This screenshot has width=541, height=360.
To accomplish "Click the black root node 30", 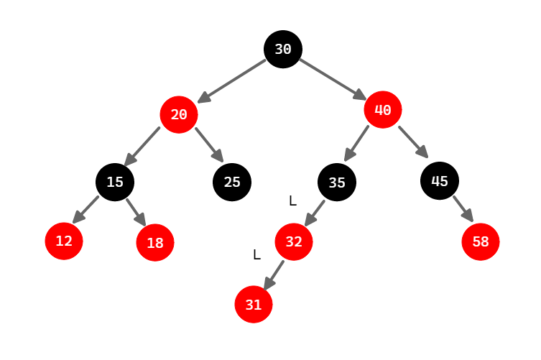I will click(x=283, y=49).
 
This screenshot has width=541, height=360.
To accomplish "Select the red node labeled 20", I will click(x=179, y=114).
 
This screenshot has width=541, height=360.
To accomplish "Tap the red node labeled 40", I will click(x=382, y=110).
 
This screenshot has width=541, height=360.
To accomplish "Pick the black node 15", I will click(x=115, y=182).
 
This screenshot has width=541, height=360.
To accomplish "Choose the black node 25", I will click(x=231, y=182).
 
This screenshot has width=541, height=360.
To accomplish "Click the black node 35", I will click(x=337, y=183).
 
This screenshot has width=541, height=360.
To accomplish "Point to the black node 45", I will click(x=440, y=180).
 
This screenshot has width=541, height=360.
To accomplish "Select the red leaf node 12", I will click(x=64, y=241).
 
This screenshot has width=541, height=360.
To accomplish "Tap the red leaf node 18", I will click(x=155, y=242).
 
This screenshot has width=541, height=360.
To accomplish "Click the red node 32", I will click(x=294, y=241).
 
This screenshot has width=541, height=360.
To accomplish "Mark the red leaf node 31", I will click(x=254, y=304).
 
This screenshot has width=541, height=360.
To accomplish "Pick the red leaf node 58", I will click(x=481, y=241).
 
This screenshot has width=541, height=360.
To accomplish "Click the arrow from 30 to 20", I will click(x=232, y=80).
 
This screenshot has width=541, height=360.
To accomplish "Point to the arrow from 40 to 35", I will click(x=357, y=144).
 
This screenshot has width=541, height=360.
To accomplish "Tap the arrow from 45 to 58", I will click(x=463, y=209).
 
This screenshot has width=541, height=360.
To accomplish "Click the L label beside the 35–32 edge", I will click(x=292, y=201).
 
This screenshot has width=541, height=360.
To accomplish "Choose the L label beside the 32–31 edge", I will click(x=256, y=254).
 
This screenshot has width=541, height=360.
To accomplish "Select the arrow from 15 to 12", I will click(x=86, y=209).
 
